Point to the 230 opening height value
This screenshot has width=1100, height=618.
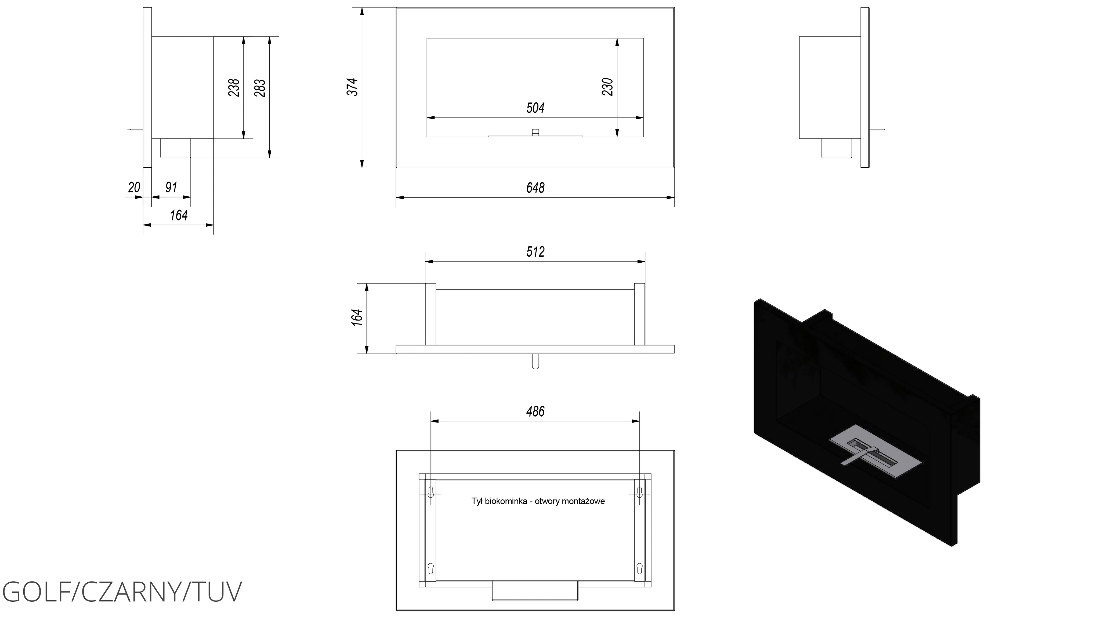pos(608,87)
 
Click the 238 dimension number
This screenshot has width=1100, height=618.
pos(234,88)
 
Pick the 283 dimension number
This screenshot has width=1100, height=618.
pos(260,88)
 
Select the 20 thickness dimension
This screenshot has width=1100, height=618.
pos(134,187)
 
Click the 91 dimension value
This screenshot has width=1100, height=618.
pos(171,187)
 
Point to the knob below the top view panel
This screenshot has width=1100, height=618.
pos(535,361)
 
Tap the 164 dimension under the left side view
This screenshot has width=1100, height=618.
pos(179,215)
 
